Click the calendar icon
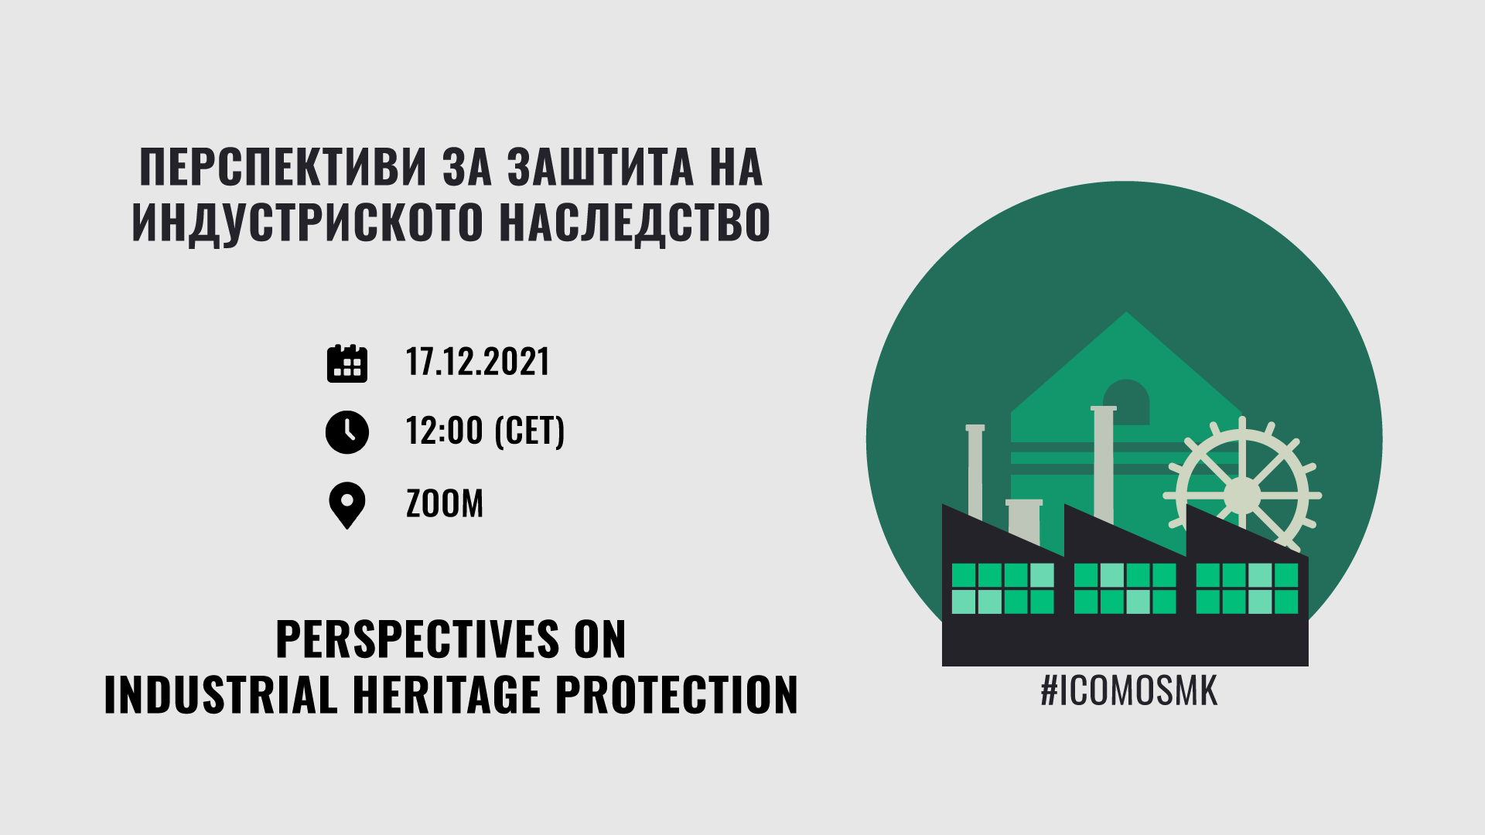pyautogui.click(x=347, y=363)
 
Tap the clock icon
pyautogui.click(x=347, y=431)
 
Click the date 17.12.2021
pyautogui.click(x=477, y=362)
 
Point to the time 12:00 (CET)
pyautogui.click(x=485, y=431)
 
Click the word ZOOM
pyautogui.click(x=445, y=503)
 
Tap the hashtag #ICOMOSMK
pyautogui.click(x=1128, y=690)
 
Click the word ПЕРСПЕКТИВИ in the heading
pyautogui.click(x=283, y=167)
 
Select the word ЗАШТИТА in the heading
pyautogui.click(x=600, y=167)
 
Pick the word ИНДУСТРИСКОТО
pyautogui.click(x=308, y=223)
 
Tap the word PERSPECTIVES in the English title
pyautogui.click(x=418, y=639)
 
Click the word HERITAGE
pyautogui.click(x=446, y=694)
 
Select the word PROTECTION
pyautogui.click(x=677, y=694)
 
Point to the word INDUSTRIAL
pyautogui.click(x=220, y=694)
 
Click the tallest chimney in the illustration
pyautogui.click(x=1104, y=464)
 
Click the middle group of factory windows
pyautogui.click(x=1125, y=588)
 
